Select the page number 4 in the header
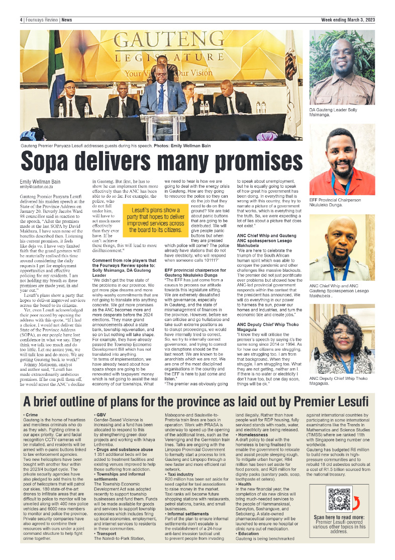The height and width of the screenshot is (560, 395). coord(22,20)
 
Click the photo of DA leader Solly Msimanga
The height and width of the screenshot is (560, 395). coord(341,67)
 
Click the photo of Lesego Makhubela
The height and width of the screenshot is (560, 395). coord(341,248)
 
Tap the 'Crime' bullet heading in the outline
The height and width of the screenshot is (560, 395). coord(31,414)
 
